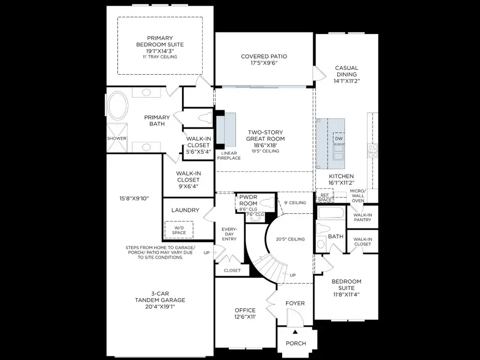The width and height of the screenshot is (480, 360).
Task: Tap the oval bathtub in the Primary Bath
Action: [118, 107]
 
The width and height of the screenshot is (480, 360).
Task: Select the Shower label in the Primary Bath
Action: [116, 139]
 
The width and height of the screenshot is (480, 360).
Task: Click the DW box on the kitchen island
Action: [338, 139]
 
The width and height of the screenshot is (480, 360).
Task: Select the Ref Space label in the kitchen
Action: [324, 197]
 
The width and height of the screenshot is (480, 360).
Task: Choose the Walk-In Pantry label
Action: [362, 218]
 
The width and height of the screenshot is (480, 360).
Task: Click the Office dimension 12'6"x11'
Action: [245, 317]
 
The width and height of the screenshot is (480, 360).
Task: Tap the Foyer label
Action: [294, 303]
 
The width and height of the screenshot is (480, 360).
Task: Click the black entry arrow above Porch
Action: [294, 332]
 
